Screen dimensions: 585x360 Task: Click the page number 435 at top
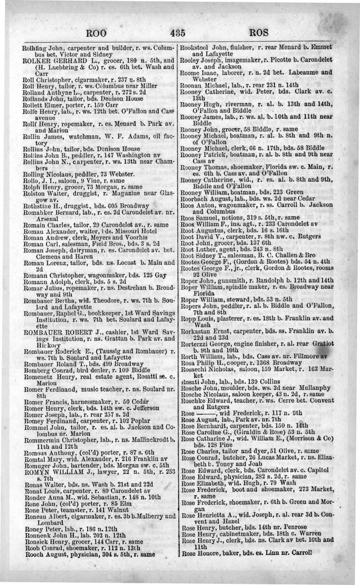point(179,33)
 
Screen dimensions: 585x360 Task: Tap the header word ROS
point(260,33)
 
